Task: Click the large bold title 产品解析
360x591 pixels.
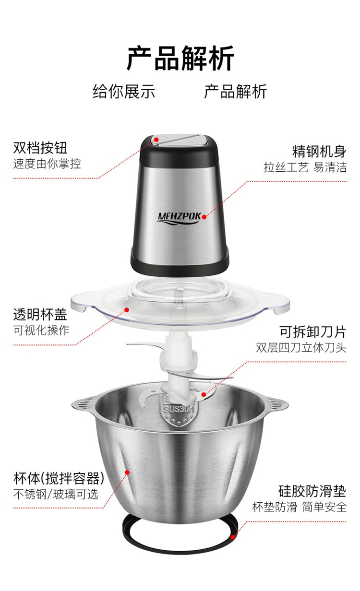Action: [180, 58]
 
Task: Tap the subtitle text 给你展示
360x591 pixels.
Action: [124, 92]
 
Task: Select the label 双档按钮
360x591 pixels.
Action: [40, 148]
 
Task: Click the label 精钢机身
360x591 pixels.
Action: [319, 152]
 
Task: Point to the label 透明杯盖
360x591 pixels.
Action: [40, 315]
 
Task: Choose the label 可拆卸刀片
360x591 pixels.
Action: [313, 332]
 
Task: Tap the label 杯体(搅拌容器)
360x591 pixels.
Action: [59, 478]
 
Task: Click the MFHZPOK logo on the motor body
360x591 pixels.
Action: [179, 218]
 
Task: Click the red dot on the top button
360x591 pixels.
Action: [156, 139]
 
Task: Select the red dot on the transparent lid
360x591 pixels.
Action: [127, 309]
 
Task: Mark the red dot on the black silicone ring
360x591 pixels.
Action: [233, 537]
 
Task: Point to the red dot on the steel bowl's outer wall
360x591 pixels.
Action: [127, 472]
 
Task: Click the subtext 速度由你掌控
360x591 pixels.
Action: [47, 164]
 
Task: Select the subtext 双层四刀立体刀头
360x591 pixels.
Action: [301, 348]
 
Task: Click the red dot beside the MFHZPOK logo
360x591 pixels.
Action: [204, 217]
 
